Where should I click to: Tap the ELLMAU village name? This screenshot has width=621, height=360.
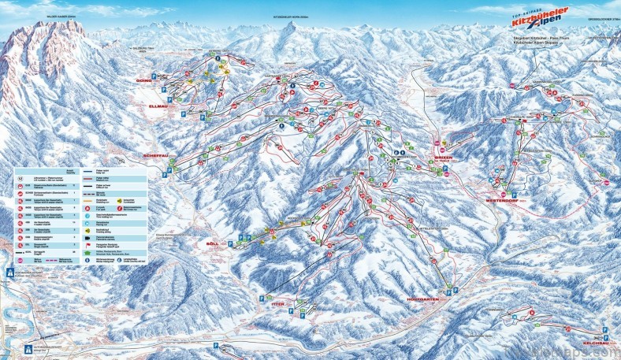[158, 106]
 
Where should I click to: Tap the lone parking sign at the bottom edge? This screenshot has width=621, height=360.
[214, 346]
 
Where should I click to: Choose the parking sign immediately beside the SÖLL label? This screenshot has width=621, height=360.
[230, 244]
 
